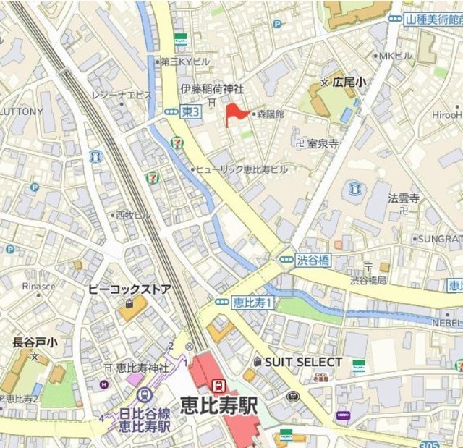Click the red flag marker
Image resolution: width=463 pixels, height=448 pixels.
click(234, 113)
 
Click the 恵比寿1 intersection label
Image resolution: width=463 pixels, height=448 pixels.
click(253, 303)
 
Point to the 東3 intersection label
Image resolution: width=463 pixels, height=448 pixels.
click(190, 111)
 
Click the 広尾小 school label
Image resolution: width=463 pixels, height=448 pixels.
click(349, 83)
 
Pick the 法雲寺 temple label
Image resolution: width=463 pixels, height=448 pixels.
click(404, 198)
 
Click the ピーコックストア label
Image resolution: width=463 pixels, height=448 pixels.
click(129, 289)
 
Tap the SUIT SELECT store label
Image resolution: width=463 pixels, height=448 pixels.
click(303, 361)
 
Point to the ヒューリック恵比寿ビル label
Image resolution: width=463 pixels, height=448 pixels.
click(242, 169)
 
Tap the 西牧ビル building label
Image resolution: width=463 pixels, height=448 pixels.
click(133, 215)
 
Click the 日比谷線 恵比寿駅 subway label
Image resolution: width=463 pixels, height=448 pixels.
click(145, 419)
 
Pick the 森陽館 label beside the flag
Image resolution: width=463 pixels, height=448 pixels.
click(271, 114)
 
